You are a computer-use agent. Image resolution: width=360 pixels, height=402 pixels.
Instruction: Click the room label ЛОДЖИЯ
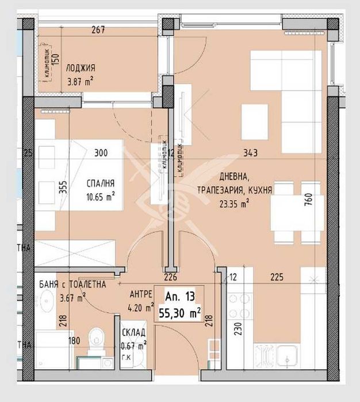tap(80, 67)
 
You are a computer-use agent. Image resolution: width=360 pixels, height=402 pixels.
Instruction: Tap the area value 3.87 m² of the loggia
tap(80, 82)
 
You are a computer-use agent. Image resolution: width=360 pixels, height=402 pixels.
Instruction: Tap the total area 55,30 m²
tap(180, 313)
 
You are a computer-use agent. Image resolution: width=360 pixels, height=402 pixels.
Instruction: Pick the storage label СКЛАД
tap(133, 333)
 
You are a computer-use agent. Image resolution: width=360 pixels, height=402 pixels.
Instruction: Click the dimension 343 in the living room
tap(249, 153)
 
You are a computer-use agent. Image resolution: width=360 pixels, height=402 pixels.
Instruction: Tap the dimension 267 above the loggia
tap(98, 31)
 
